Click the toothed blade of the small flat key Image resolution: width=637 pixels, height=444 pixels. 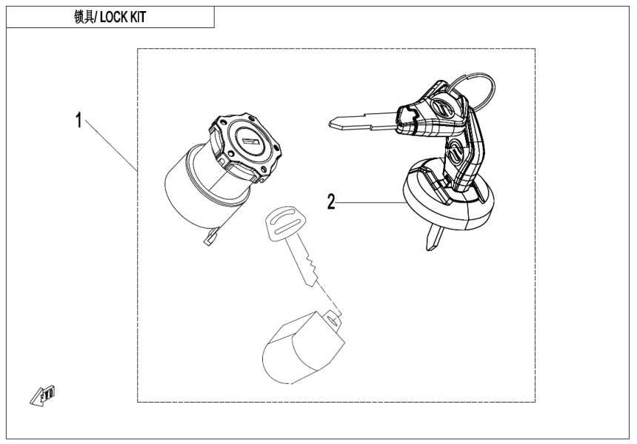click(307, 266)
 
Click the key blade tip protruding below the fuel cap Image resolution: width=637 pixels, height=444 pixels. click(432, 240)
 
